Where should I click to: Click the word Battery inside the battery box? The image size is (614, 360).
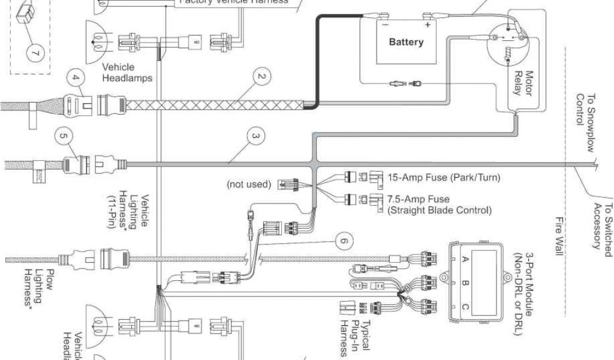point(406,42)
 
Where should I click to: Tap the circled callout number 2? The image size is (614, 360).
point(261,77)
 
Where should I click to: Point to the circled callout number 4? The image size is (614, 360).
point(75,77)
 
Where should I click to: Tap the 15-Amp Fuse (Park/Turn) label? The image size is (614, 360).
point(444,178)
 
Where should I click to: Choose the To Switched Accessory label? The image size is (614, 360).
point(601,224)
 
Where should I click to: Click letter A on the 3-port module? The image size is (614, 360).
point(463,260)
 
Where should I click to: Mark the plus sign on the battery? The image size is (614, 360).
point(428,25)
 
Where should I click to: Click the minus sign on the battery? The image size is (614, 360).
point(384,25)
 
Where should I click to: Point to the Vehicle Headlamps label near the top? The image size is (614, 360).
point(127,73)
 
